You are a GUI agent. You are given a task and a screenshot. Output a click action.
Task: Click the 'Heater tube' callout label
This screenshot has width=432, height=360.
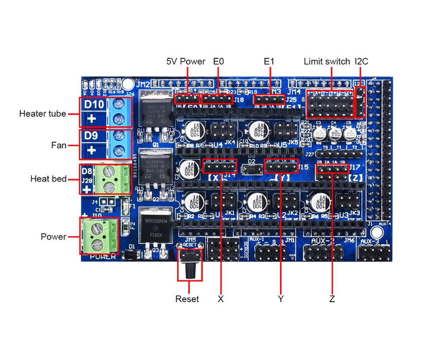[x=42, y=114]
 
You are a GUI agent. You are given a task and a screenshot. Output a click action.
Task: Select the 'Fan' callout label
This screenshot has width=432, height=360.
[x=59, y=145]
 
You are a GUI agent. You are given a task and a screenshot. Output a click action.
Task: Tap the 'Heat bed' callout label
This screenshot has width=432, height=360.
[x=48, y=178]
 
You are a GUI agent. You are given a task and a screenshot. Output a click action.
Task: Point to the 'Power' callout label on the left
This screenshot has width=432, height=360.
[x=54, y=237]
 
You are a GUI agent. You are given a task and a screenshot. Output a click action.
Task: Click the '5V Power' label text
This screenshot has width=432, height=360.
[x=186, y=61]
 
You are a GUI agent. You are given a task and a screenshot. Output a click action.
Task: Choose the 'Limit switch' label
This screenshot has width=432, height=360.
[x=327, y=61]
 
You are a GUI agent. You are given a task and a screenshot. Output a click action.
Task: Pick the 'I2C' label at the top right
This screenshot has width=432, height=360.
[x=361, y=61]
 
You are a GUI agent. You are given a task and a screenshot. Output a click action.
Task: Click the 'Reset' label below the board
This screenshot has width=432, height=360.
[x=187, y=299]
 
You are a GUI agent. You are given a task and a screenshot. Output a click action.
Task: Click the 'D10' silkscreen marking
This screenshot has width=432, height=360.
[x=94, y=105]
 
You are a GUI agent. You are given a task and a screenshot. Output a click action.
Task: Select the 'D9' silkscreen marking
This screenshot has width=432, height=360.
[x=91, y=136]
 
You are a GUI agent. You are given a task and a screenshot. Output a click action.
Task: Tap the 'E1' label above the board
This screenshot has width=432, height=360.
[x=269, y=61]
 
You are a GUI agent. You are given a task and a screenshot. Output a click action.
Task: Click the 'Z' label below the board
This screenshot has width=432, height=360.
[x=332, y=299]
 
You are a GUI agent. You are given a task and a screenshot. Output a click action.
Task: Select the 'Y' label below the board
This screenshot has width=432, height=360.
[x=281, y=299]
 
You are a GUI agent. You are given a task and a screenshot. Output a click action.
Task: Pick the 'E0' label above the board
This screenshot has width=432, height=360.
[x=219, y=61]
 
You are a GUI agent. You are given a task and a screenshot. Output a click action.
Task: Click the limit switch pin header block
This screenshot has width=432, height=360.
[x=330, y=104]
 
